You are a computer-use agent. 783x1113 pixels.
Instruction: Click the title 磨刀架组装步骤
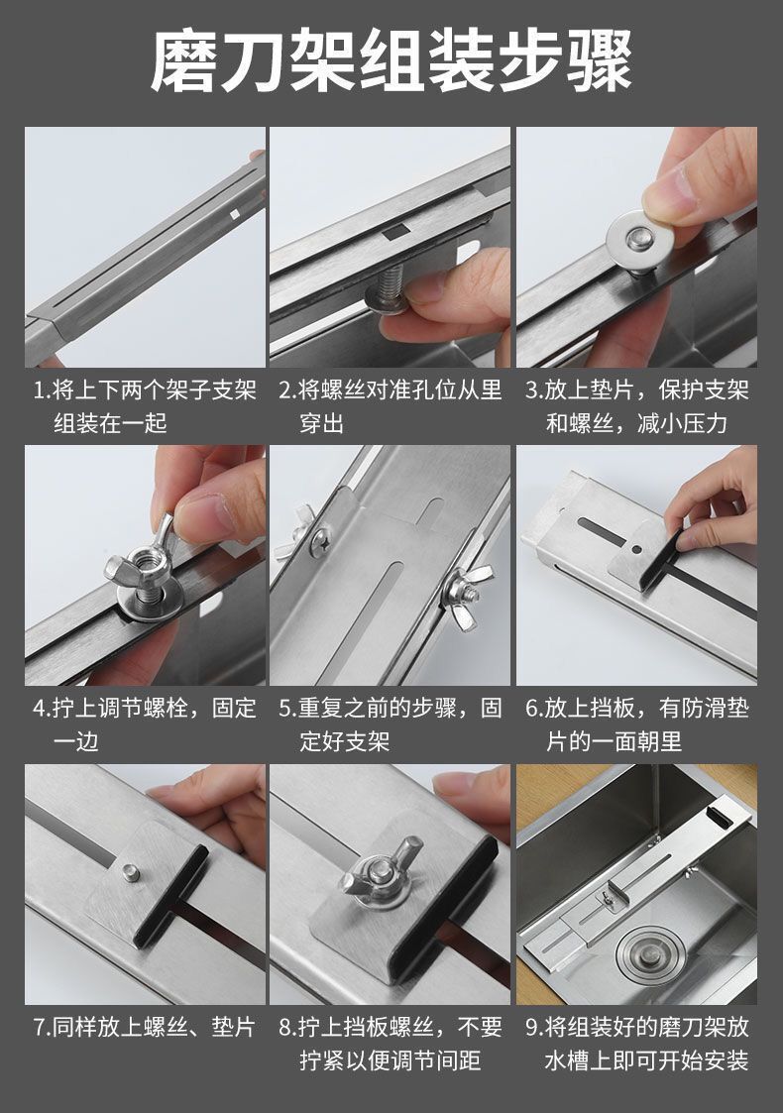[x=391, y=62]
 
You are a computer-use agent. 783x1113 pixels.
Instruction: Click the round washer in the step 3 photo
[x=640, y=242]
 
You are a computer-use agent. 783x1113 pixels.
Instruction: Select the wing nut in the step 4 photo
[x=142, y=557]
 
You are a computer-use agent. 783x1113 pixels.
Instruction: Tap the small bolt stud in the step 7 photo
[x=129, y=871]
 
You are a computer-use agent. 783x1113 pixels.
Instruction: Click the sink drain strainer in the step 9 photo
[x=649, y=955]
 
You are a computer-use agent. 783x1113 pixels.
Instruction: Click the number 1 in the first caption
[x=39, y=390]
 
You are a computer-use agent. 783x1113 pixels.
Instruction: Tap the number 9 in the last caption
[x=531, y=1027]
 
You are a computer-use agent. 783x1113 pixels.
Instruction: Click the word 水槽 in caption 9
[x=567, y=1060]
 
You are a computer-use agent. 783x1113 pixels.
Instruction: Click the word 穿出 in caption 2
[x=321, y=424]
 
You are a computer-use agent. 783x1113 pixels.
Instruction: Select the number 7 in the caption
[x=39, y=1027]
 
